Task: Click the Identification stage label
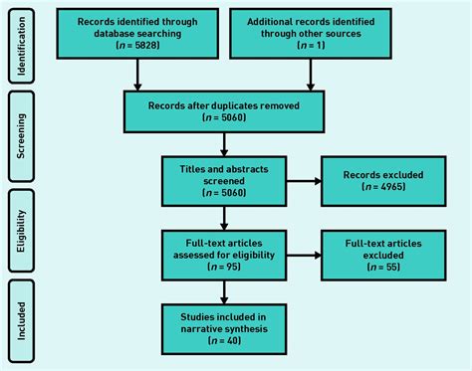pyautogui.click(x=20, y=46)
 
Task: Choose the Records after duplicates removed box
pyautogui.click(x=224, y=110)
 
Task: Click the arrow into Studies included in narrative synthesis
pyautogui.click(x=224, y=290)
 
